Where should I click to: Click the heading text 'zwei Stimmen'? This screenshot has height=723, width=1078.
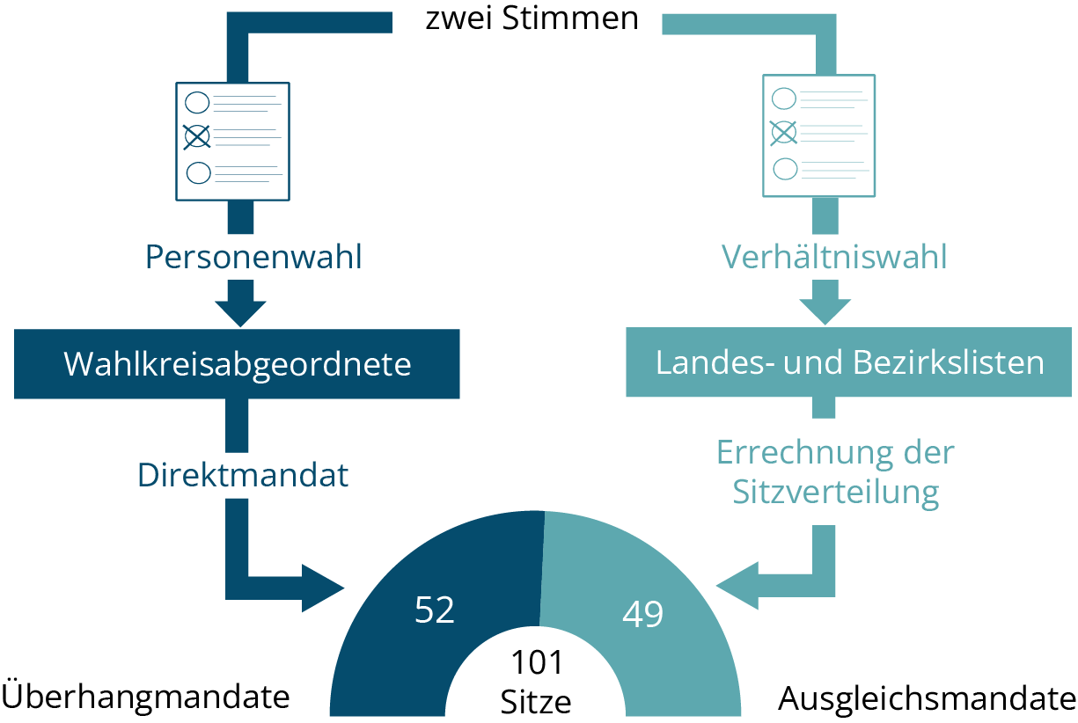[x=532, y=18]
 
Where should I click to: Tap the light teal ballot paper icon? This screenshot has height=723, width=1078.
[x=818, y=135]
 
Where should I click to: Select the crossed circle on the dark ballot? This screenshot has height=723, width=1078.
[x=197, y=135]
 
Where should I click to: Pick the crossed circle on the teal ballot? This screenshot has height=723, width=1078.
[x=783, y=132]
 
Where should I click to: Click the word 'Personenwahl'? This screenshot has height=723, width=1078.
[x=253, y=258]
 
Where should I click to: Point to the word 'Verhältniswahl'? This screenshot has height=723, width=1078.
[x=834, y=257]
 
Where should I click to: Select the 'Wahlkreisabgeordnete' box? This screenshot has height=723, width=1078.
[x=237, y=363]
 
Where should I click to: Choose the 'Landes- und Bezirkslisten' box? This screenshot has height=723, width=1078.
[x=849, y=362]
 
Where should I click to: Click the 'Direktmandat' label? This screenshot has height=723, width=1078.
[x=243, y=475]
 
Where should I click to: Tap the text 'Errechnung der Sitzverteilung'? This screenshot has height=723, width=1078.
[x=835, y=472]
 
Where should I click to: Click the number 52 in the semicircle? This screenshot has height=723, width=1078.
[x=434, y=610]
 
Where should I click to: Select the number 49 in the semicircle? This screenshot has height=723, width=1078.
[x=642, y=614]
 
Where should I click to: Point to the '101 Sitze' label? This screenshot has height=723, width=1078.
[x=536, y=683]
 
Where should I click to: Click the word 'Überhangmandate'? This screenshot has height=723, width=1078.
[x=146, y=697]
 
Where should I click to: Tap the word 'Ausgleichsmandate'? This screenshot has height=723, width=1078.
[x=927, y=699]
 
